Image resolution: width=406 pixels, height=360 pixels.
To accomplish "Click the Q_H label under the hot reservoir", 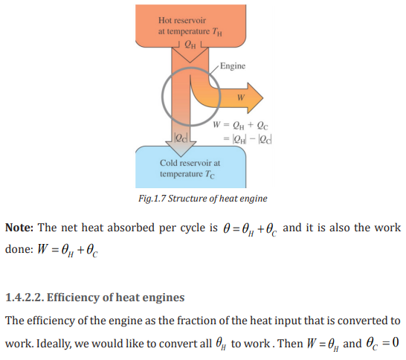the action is tap(190, 45).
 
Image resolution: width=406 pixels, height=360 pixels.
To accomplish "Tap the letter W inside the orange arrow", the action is tap(241, 97).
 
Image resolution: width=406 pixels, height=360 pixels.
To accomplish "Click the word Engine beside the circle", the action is tap(233, 66).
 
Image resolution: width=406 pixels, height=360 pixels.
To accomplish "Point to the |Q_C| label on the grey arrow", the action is tap(181, 138).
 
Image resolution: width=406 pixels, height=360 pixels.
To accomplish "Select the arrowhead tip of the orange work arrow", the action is tap(263, 98).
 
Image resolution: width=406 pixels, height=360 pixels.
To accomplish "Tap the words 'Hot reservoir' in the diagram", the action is tap(182, 20).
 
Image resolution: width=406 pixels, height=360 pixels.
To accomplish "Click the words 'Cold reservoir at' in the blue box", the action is tap(190, 163).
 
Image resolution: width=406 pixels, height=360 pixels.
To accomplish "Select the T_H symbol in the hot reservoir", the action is tap(217, 32).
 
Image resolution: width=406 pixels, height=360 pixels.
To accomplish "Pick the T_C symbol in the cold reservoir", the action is tap(210, 174).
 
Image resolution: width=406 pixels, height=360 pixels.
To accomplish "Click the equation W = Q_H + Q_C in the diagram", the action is tap(240, 126).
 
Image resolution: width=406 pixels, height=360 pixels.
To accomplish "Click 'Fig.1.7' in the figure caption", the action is tap(152, 199).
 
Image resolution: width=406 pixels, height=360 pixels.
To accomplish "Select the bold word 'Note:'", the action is tap(19, 228).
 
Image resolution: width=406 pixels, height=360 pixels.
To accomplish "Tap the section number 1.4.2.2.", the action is tap(25, 298).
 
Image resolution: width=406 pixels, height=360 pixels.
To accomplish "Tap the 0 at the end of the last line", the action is tap(396, 343).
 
